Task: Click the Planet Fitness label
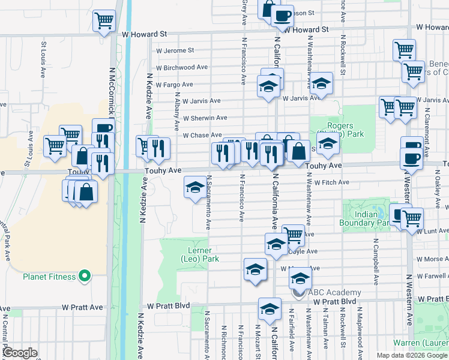[49, 277]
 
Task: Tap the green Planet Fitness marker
[85, 277]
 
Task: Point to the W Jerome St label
[175, 51]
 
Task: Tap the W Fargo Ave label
[175, 85]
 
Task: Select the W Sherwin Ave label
[205, 118]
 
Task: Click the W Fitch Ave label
[328, 182]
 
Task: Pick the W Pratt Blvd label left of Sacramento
[169, 305]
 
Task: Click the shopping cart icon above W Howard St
[104, 20]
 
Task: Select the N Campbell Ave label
[376, 265]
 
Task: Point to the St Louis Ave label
[44, 59]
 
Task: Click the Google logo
[20, 353]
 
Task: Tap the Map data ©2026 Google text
[411, 355]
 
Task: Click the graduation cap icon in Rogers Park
[328, 143]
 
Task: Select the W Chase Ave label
[202, 135]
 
